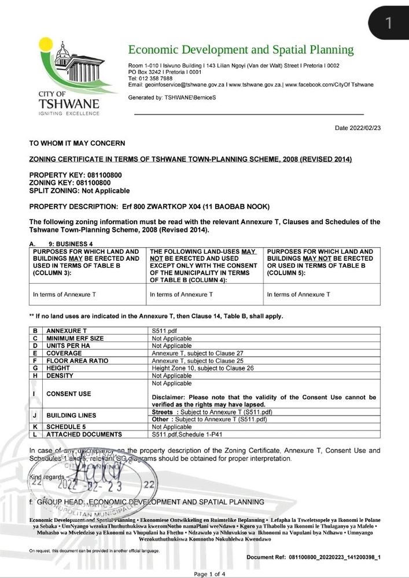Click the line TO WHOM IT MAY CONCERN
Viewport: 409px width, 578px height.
(76, 143)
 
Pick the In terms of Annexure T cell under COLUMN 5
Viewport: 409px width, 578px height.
(298, 294)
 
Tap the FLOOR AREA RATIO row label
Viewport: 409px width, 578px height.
(71, 360)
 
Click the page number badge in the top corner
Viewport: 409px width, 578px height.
(389, 22)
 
